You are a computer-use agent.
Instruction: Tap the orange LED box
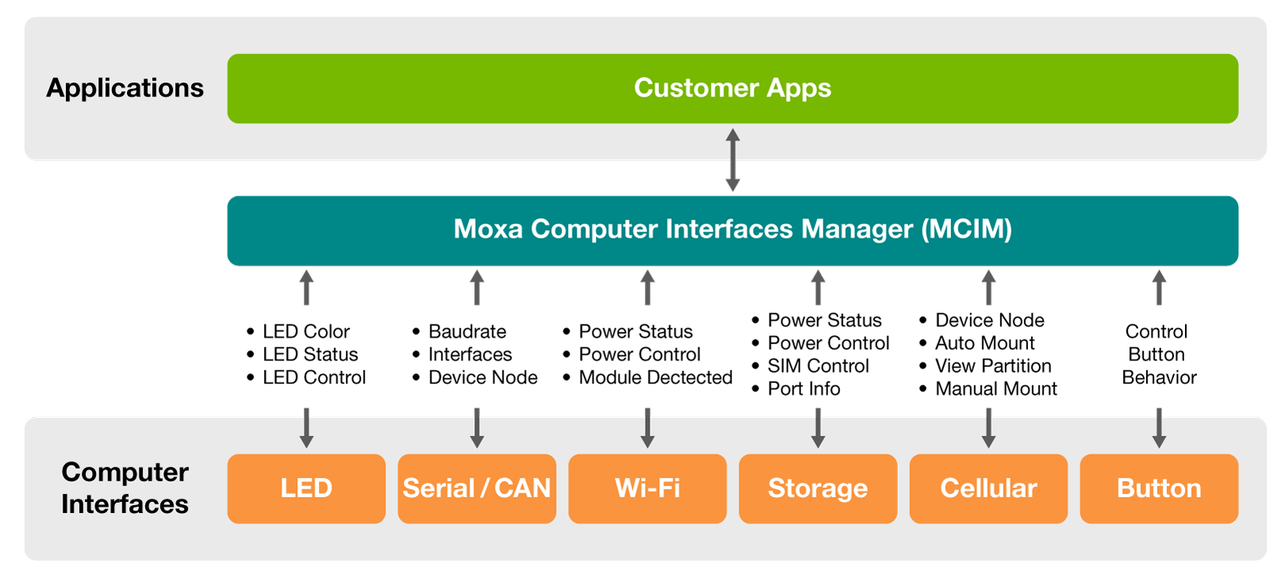306,489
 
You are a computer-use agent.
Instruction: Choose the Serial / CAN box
477,489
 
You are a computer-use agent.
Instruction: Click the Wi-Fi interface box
647,489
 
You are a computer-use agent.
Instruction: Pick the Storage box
818,489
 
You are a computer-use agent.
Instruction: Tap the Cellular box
988,489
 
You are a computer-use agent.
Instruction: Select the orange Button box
1159,489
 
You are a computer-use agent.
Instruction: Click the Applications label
125,88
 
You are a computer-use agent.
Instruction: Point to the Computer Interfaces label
125,488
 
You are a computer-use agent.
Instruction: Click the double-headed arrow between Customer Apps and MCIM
733,160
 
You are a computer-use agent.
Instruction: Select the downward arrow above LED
306,428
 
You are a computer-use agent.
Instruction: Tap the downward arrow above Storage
818,428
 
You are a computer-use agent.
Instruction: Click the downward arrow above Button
1159,428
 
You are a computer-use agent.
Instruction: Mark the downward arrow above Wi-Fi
647,428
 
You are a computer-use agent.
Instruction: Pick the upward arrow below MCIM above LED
306,287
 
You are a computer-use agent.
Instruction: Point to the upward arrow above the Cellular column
988,287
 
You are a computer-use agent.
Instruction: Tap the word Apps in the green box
800,89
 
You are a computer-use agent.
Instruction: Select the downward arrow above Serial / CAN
477,428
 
